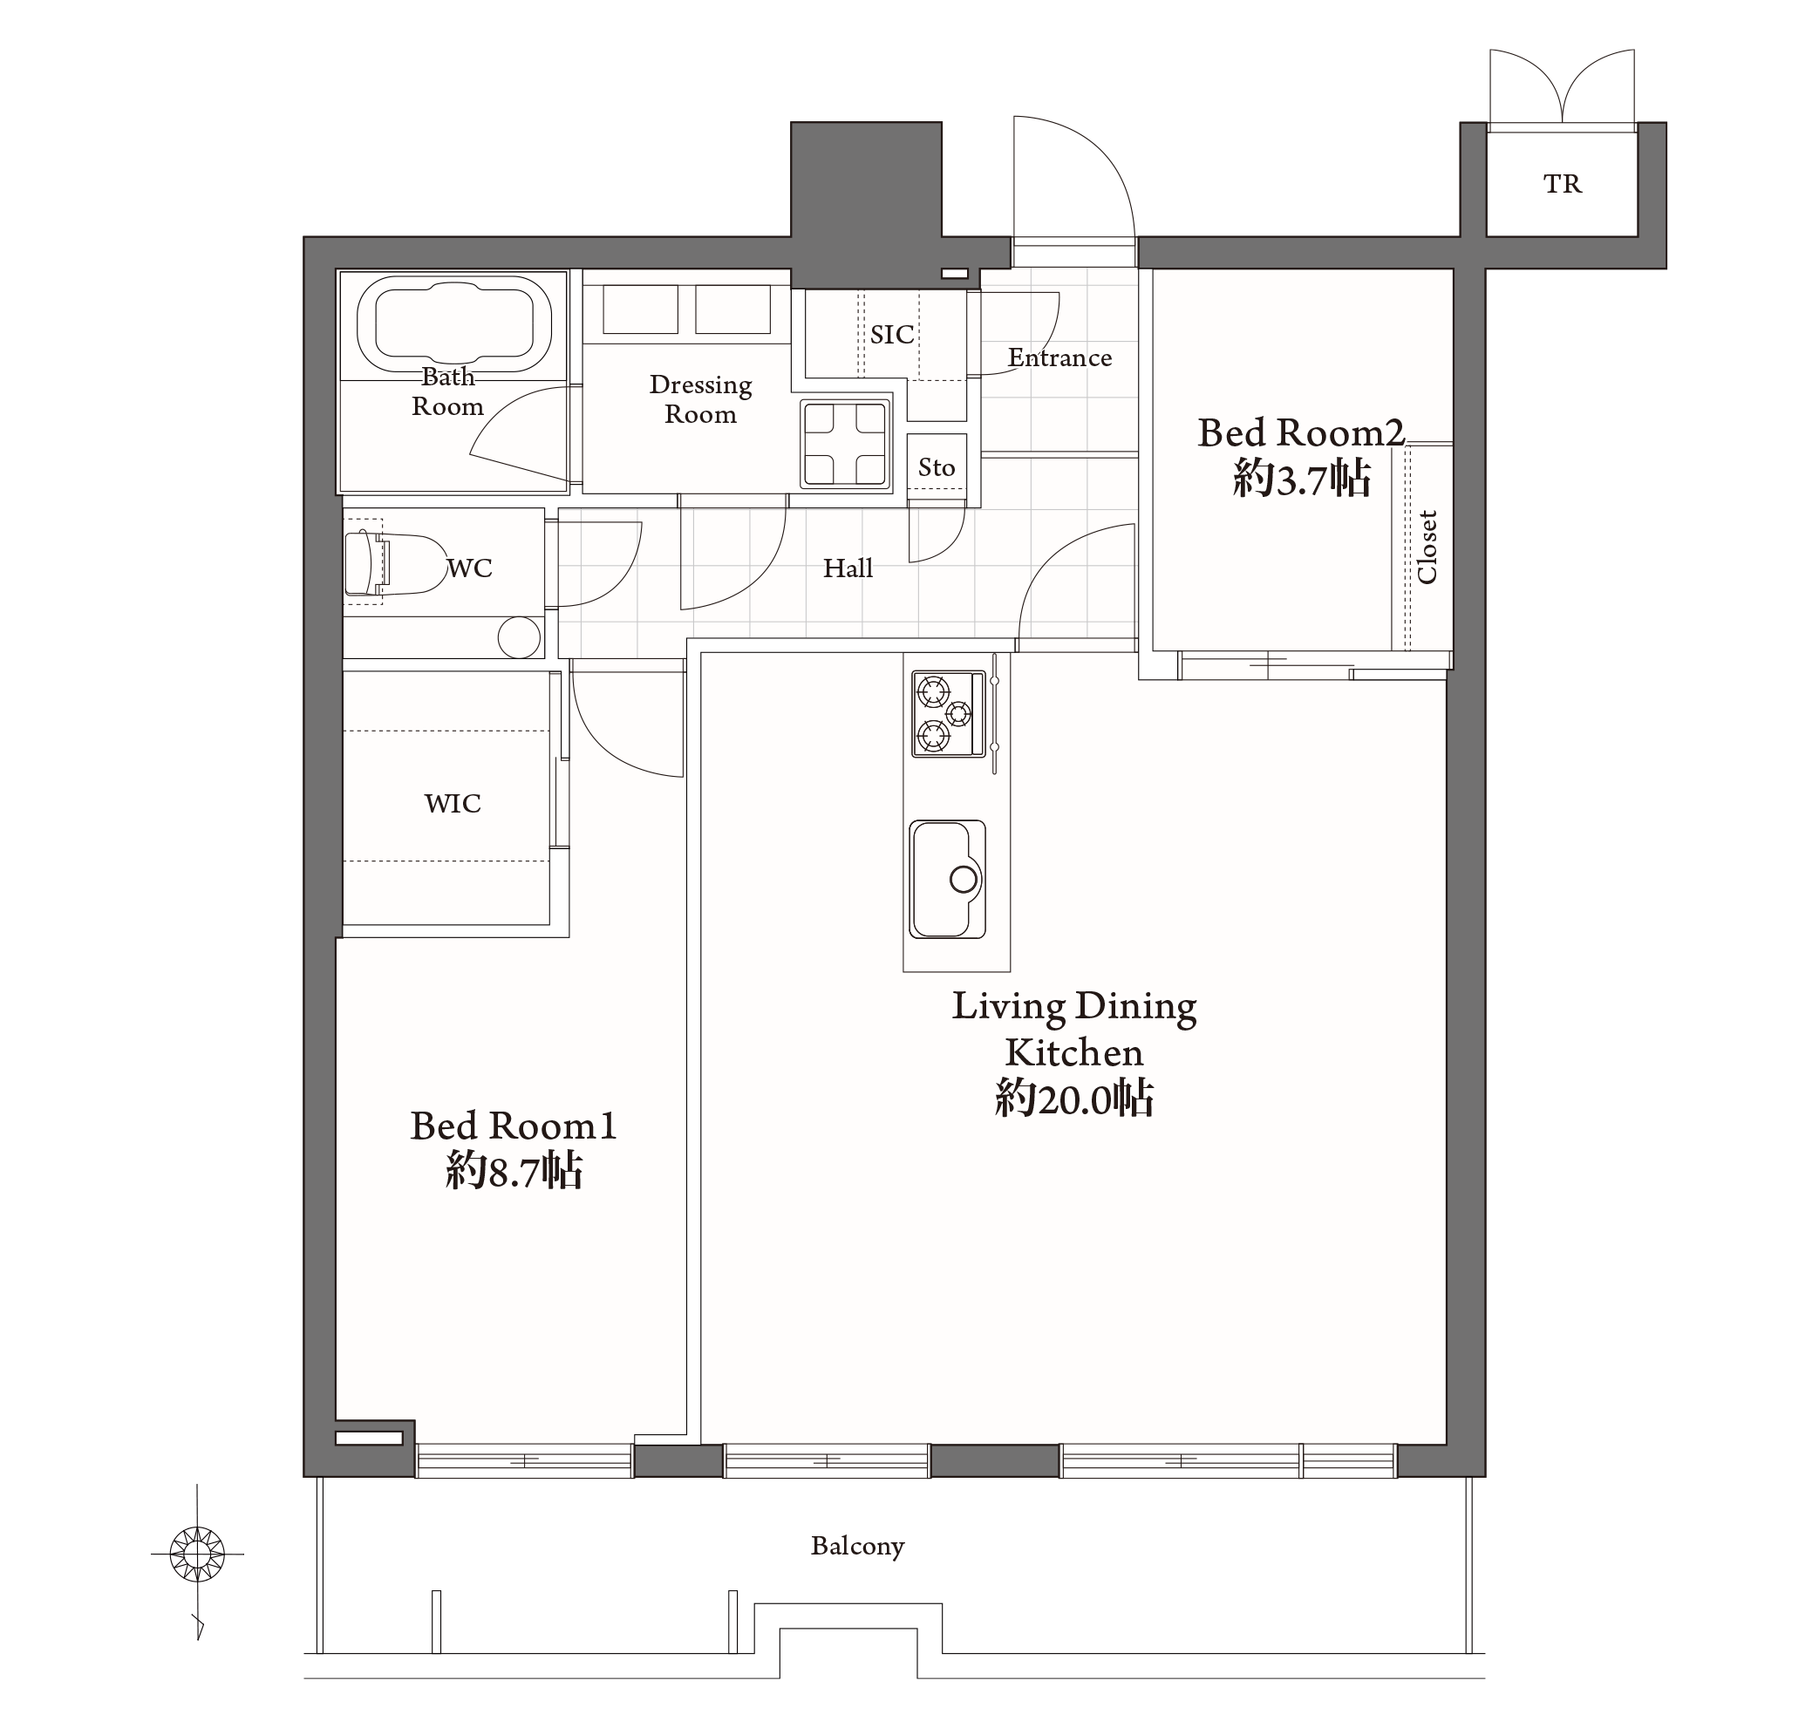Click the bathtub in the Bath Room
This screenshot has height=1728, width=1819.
[x=453, y=323]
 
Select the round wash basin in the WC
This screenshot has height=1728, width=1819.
[x=519, y=637]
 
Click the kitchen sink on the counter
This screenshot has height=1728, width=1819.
[x=948, y=879]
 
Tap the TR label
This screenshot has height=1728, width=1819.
[x=1563, y=184]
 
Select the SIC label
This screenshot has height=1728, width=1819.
[x=892, y=335]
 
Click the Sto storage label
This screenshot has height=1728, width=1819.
[x=937, y=468]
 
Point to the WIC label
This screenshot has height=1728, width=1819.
[x=453, y=803]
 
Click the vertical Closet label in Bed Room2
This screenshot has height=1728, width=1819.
[x=1427, y=548]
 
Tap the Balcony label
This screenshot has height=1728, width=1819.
[x=858, y=1546]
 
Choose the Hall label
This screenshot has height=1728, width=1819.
[x=848, y=568]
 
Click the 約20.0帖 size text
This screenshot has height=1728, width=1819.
[x=1074, y=1098]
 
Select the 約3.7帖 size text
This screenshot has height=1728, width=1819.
[x=1302, y=479]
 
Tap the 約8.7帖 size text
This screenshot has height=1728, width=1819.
[x=514, y=1171]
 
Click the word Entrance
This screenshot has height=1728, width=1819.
[x=1059, y=357]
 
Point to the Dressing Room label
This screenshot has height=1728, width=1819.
[x=700, y=398]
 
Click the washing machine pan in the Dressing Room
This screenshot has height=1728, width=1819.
[x=844, y=444]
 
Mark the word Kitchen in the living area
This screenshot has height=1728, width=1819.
[x=1074, y=1052]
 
